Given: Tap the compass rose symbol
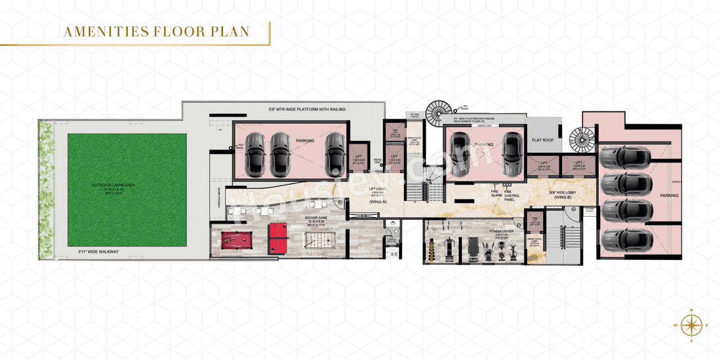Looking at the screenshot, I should point(691,325).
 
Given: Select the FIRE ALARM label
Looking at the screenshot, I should point(496,193).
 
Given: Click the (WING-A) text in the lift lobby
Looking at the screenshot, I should point(376,201).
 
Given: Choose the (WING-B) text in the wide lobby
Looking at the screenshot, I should point(562,197).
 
